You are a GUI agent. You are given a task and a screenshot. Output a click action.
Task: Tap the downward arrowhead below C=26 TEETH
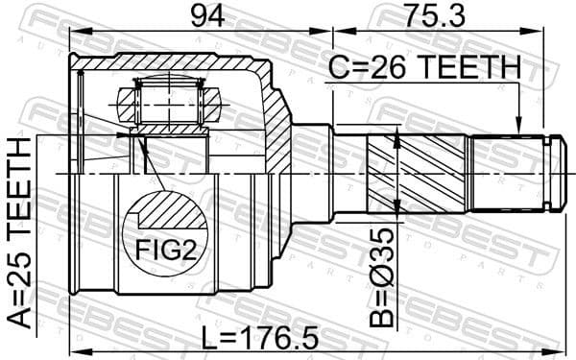click(517, 127)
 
